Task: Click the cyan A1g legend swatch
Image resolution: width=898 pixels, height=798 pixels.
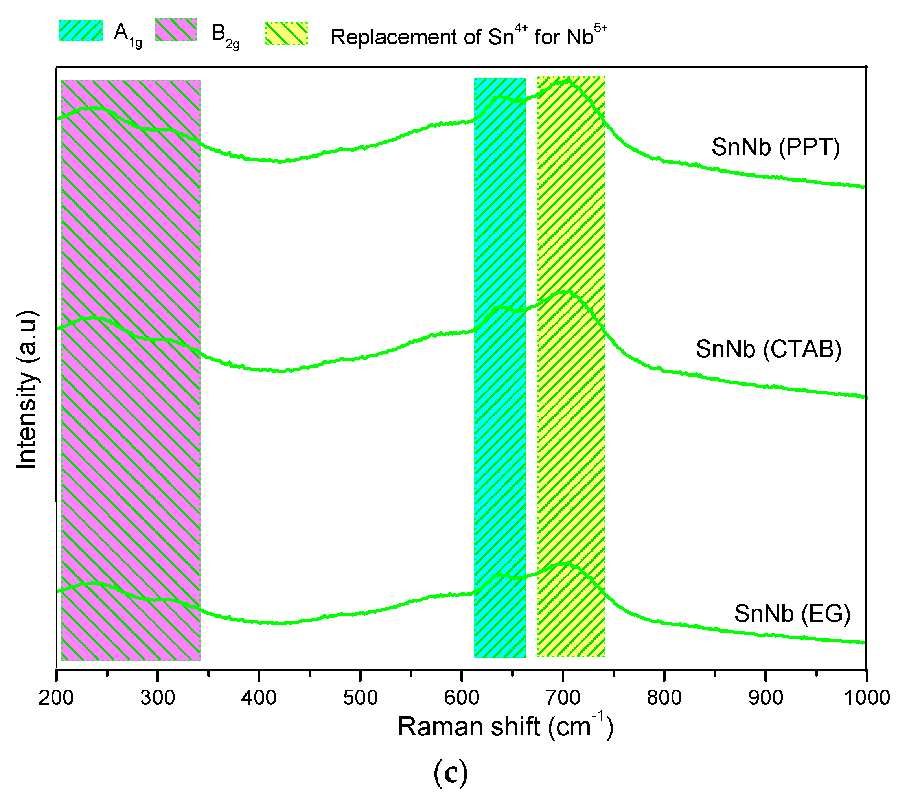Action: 81,30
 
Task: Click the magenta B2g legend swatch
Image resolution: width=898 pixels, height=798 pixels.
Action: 176,30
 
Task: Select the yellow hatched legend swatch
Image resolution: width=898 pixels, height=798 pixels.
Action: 287,34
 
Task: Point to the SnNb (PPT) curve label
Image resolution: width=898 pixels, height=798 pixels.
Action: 775,147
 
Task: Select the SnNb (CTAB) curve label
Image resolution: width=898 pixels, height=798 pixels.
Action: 768,349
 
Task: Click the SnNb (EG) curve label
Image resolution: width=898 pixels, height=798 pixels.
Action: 792,614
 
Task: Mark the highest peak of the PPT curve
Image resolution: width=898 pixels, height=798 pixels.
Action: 567,81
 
